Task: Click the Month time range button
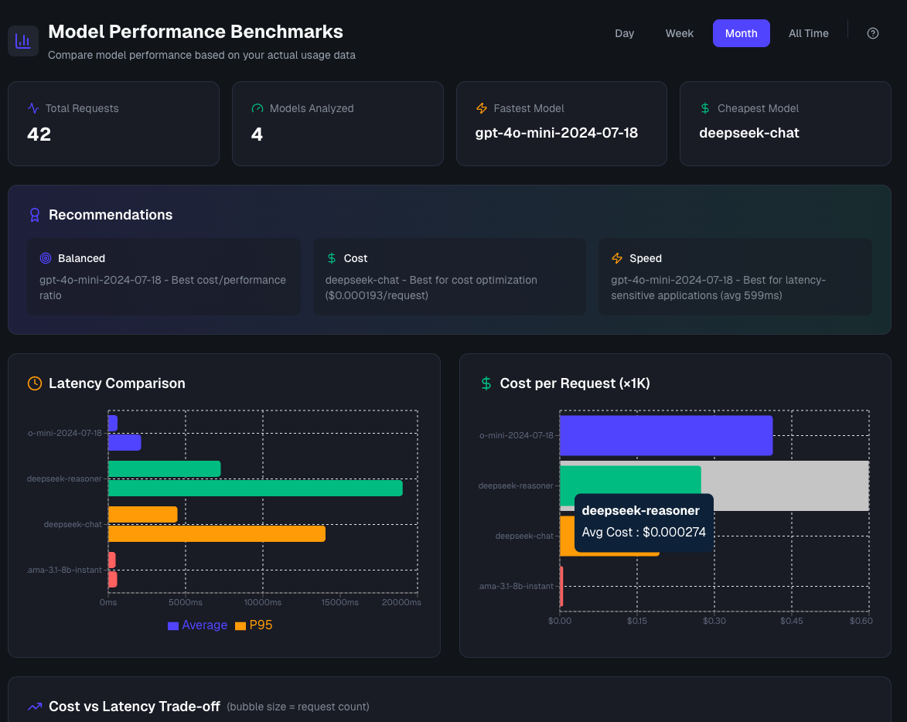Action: (x=741, y=33)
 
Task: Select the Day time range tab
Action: (x=624, y=33)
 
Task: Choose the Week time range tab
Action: (x=679, y=33)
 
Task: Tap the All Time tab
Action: (x=808, y=33)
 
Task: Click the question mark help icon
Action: (x=873, y=33)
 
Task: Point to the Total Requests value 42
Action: (x=39, y=135)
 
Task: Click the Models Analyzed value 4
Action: (x=257, y=135)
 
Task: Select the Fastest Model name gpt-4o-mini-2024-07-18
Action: (x=556, y=133)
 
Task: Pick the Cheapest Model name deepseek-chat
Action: (x=748, y=133)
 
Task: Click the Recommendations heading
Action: (x=111, y=215)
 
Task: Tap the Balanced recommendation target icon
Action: (x=46, y=258)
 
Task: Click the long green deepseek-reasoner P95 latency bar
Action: (x=255, y=489)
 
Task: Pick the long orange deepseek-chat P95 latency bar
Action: (x=217, y=534)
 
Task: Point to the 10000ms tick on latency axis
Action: (x=263, y=602)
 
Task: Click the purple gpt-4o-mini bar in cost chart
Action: (x=666, y=435)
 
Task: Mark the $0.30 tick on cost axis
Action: (x=714, y=621)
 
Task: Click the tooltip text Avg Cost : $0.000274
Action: (x=643, y=532)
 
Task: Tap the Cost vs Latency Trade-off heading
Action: (x=134, y=707)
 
